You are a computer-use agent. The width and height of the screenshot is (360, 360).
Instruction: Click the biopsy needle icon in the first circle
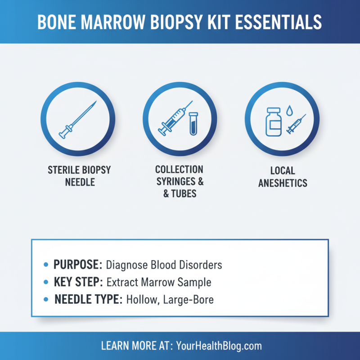78,119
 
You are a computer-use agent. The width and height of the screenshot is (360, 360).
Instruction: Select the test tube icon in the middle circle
193,124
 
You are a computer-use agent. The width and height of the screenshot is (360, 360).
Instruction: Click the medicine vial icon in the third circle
273,121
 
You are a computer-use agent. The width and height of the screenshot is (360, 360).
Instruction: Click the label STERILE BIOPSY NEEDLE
79,177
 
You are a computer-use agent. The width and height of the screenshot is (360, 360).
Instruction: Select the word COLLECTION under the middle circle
179,170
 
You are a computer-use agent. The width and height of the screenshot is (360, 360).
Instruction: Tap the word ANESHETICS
283,183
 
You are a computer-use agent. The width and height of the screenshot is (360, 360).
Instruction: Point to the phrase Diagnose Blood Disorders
164,265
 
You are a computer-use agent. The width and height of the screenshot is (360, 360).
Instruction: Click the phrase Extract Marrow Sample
159,283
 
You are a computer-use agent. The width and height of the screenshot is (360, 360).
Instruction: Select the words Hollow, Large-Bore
170,299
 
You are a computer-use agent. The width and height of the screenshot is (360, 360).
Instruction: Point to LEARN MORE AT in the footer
134,346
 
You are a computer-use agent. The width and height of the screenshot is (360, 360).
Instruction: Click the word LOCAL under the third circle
283,171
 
